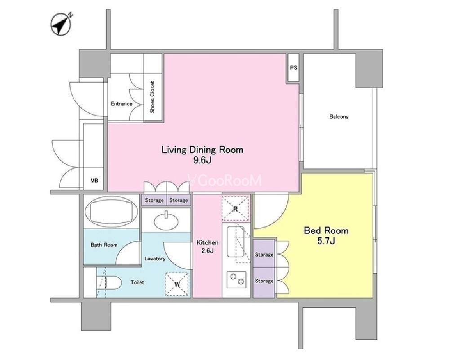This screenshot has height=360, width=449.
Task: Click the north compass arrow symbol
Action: (x=61, y=24)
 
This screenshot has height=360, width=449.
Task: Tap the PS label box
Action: (x=293, y=68)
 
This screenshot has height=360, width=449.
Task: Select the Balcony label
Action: (x=339, y=116)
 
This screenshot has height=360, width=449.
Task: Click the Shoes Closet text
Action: (x=152, y=97)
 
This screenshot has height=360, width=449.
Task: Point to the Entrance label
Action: (x=122, y=104)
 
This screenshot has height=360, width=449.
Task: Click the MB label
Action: (x=94, y=181)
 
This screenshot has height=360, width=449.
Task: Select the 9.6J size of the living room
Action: (x=202, y=160)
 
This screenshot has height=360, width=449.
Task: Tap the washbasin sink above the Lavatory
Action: (x=166, y=221)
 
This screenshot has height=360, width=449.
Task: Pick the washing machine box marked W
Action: (x=177, y=284)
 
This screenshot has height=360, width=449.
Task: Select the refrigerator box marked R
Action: (x=236, y=209)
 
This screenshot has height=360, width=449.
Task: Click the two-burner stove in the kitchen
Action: (x=236, y=280)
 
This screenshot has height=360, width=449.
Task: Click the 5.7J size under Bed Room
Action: (x=326, y=241)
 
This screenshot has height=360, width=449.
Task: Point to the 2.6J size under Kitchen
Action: (x=207, y=251)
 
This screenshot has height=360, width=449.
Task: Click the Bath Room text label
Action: (x=104, y=245)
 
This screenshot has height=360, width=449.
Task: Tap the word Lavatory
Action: (x=155, y=258)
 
